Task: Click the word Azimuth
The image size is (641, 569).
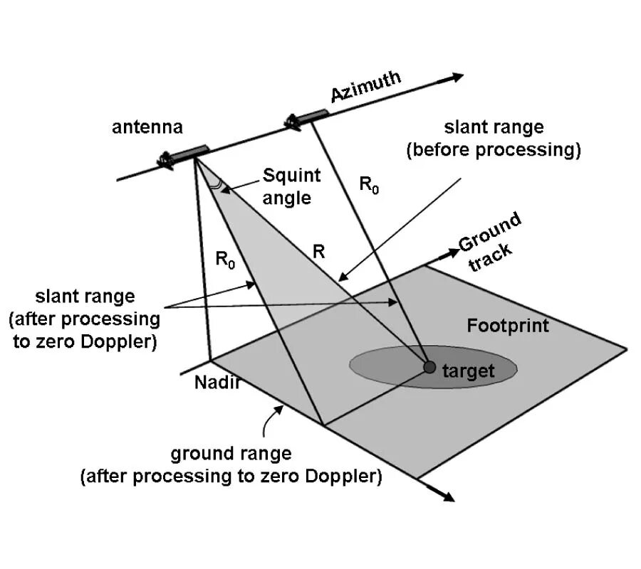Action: click(366, 87)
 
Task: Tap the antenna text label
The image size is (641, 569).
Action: click(147, 127)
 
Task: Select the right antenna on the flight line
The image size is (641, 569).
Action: click(307, 118)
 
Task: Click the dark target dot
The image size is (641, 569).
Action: click(429, 366)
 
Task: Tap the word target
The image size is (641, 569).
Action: click(468, 371)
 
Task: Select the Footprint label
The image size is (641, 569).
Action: click(508, 326)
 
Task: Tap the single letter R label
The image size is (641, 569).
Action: click(319, 250)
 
